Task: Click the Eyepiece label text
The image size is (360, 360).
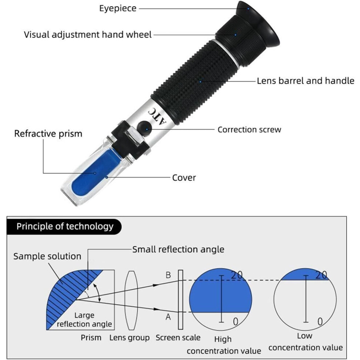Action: pyautogui.click(x=118, y=8)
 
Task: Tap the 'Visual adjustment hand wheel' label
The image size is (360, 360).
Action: pyautogui.click(x=88, y=35)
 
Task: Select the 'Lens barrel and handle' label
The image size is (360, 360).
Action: pyautogui.click(x=305, y=81)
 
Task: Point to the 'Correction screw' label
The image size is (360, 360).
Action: pyautogui.click(x=249, y=129)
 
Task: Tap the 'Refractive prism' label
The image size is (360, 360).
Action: pyautogui.click(x=48, y=133)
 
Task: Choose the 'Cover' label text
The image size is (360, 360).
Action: pyautogui.click(x=184, y=178)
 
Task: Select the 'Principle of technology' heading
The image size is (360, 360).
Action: pyautogui.click(x=65, y=227)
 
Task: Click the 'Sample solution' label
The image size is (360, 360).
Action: pyautogui.click(x=47, y=256)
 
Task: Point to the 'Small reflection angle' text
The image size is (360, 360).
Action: pyautogui.click(x=179, y=249)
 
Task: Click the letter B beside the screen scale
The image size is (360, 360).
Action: pyautogui.click(x=168, y=275)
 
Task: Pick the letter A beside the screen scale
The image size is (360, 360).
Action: pyautogui.click(x=168, y=317)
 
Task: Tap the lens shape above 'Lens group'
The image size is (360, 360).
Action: pyautogui.click(x=131, y=300)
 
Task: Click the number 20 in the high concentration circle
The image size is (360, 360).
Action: pyautogui.click(x=237, y=275)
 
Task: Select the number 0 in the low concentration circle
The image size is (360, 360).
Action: pyautogui.click(x=320, y=322)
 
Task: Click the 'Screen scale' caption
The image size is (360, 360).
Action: pyautogui.click(x=178, y=337)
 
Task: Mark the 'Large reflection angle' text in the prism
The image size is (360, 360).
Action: pyautogui.click(x=84, y=320)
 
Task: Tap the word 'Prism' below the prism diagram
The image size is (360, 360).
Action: pyautogui.click(x=91, y=337)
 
